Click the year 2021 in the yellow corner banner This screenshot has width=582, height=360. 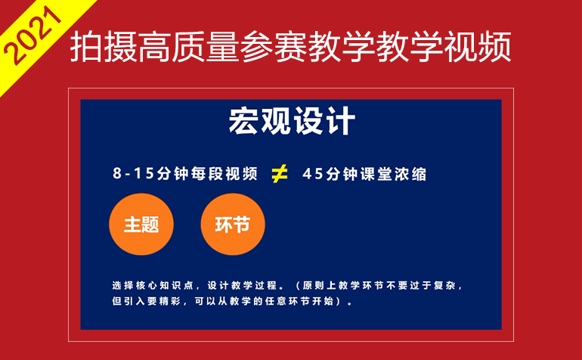33,36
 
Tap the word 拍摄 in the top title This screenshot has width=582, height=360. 104,47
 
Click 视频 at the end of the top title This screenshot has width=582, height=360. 478,47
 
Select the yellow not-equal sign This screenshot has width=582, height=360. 280,174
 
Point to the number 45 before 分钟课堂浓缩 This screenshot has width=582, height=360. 313,174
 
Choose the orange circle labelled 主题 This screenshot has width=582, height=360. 141,224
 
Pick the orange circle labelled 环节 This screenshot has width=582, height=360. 233,224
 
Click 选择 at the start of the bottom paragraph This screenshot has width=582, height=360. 122,285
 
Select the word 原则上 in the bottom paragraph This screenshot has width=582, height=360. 317,285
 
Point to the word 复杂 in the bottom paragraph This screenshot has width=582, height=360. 444,285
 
